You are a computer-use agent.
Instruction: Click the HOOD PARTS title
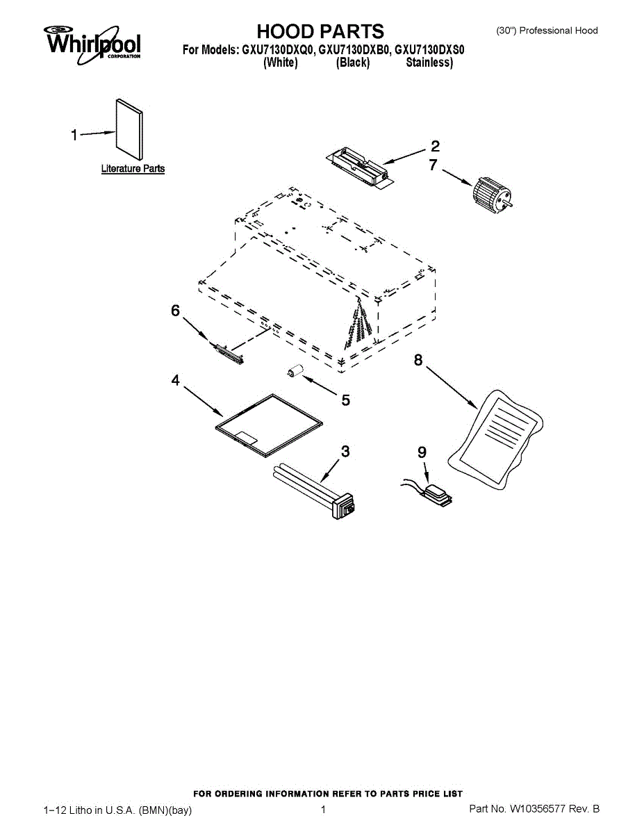(320, 31)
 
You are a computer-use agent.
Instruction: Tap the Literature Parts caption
(133, 169)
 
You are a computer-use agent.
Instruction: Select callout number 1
(74, 135)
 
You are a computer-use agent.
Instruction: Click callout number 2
(435, 146)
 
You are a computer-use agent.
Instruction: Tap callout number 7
(433, 165)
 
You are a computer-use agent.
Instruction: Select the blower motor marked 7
(491, 195)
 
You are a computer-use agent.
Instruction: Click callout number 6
(176, 311)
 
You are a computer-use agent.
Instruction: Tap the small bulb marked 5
(297, 371)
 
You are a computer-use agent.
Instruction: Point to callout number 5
(345, 400)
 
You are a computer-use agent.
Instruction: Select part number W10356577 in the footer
(539, 809)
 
